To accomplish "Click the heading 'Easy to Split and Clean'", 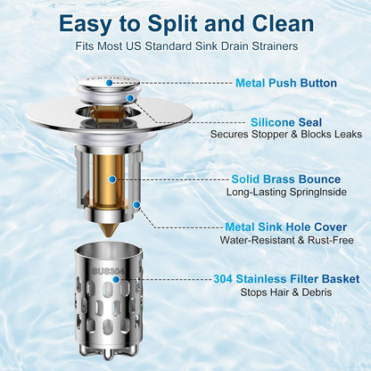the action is coord(186,24).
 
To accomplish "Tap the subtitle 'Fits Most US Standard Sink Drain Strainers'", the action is coord(186,46).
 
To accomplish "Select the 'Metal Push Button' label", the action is coord(286,83).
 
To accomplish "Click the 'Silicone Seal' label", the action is coord(286,122).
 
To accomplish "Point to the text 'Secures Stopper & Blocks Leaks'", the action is coord(286,134).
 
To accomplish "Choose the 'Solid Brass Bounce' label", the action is coord(286,179).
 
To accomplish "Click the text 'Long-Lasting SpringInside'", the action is coord(286,192).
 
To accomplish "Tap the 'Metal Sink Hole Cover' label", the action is coord(286,227).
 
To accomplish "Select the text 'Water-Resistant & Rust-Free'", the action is coord(286,240).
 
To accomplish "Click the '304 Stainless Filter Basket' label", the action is coord(286,279).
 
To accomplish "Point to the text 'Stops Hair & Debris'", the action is coord(286,293).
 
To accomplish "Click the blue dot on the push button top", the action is coord(110,83).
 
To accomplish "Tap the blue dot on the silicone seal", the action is coord(130,98).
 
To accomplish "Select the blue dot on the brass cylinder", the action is coord(112,179).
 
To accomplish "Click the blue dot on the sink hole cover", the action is coord(136,205).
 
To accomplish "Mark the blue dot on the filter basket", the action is coord(116,279).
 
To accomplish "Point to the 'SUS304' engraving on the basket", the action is coord(109,271).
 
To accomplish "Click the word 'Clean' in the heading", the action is coord(283,24).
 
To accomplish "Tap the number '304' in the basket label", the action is coord(223,279).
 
